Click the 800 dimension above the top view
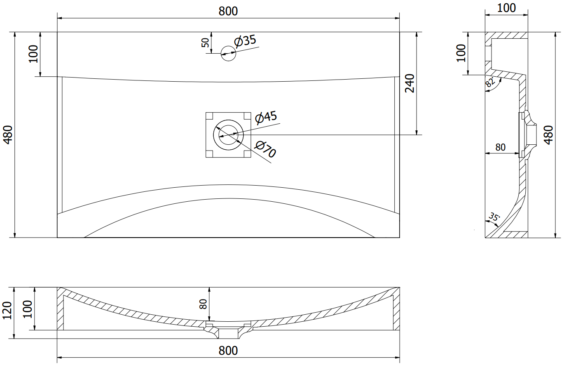228,11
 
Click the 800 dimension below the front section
228,351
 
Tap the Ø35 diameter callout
245,41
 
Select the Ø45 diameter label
266,118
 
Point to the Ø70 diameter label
265,149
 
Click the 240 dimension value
410,83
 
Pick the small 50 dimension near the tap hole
205,42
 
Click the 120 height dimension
7,311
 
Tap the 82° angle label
490,82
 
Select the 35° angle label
494,217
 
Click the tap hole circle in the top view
228,54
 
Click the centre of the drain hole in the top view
228,135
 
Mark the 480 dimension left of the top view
8,135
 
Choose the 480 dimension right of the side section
549,135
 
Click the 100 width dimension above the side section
506,8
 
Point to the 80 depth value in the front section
203,304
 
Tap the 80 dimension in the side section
500,147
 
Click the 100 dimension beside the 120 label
28,309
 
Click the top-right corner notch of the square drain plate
247,116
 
